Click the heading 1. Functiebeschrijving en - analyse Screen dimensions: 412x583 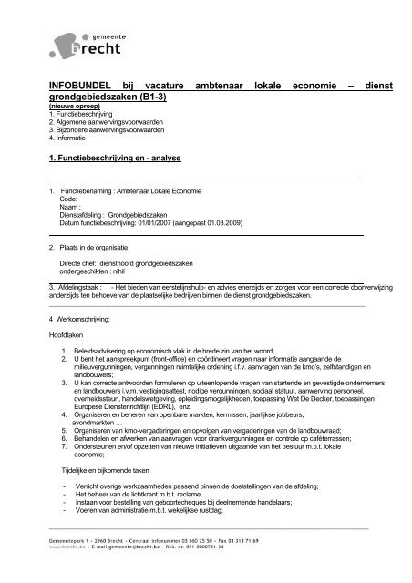click(x=115, y=159)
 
